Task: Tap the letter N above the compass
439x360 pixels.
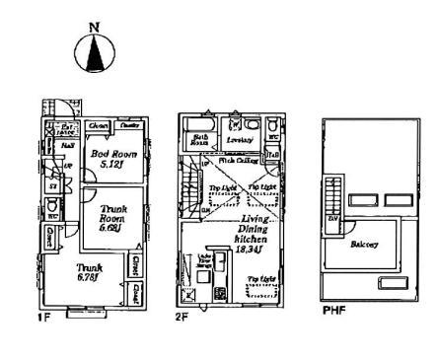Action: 95,29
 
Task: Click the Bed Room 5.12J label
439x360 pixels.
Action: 109,160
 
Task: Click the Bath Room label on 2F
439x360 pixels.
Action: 198,140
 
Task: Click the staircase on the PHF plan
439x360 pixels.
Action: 333,202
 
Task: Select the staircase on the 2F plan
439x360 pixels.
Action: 188,187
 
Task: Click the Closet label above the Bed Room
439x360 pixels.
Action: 98,125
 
